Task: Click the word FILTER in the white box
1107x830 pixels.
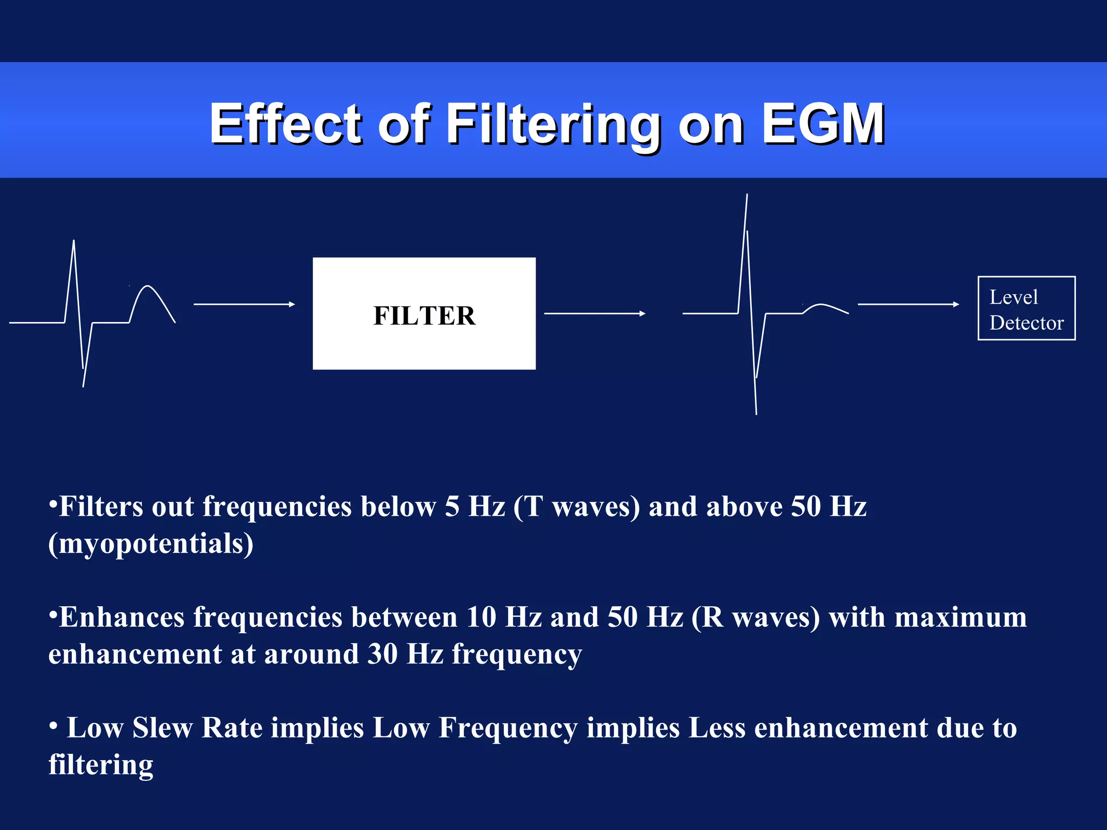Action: coord(424,316)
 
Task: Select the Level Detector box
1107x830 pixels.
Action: coord(1026,309)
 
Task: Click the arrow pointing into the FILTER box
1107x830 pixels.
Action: coord(244,304)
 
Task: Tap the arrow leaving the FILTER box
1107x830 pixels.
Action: coord(595,313)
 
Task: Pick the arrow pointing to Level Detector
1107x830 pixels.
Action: coord(908,304)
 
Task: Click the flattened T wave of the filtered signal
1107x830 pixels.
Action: coord(823,306)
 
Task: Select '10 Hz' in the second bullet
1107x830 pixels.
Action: coord(504,617)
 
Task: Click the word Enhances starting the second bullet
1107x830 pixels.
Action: coord(122,617)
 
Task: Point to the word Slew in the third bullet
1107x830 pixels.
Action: coord(162,728)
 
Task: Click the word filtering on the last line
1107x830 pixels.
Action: coord(101,765)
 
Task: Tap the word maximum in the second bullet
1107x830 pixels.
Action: coord(961,617)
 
